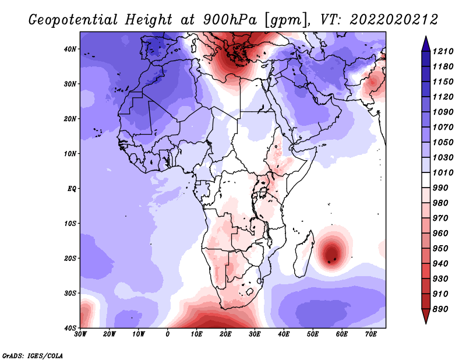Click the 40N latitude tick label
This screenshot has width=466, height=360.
pos(70,49)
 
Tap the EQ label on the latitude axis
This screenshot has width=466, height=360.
pos(72,189)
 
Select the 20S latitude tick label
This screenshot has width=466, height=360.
pos(70,258)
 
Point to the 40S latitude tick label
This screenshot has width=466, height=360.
pos(70,328)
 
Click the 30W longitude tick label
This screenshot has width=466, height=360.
pos(80,334)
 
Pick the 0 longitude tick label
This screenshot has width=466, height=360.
pos(168,334)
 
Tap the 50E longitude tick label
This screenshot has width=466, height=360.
pos(313,334)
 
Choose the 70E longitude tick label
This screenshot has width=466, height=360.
pos(371,334)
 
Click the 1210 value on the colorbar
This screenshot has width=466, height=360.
pos(443,51)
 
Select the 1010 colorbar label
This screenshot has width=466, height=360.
pos(443,172)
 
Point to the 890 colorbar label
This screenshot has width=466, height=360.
pos(440,309)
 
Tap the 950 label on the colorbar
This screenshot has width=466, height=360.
pos(440,249)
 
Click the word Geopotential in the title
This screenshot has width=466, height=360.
pos(73,20)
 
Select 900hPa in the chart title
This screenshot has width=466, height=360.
pos(230,20)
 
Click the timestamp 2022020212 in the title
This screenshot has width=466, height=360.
pos(394,20)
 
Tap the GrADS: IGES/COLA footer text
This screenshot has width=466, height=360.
pos(33,355)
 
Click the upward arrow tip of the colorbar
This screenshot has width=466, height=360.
pos(426,36)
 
